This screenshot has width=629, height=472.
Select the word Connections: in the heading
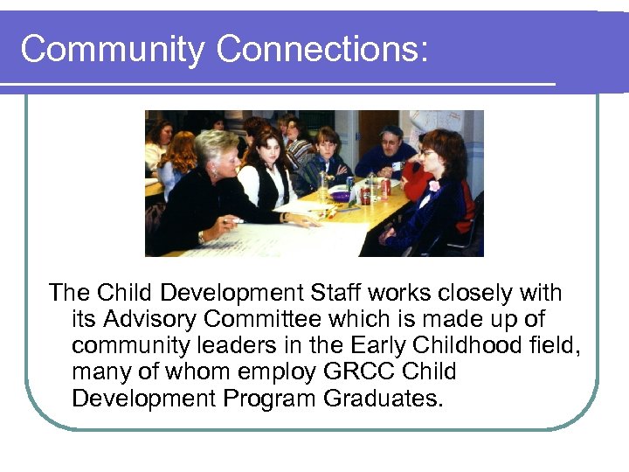(x=322, y=51)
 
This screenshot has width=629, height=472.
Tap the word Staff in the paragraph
(x=349, y=293)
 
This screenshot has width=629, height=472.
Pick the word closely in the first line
(x=471, y=293)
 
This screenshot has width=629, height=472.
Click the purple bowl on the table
(x=340, y=197)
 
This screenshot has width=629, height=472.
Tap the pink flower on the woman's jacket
(x=434, y=185)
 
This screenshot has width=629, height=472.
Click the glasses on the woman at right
(x=427, y=153)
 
